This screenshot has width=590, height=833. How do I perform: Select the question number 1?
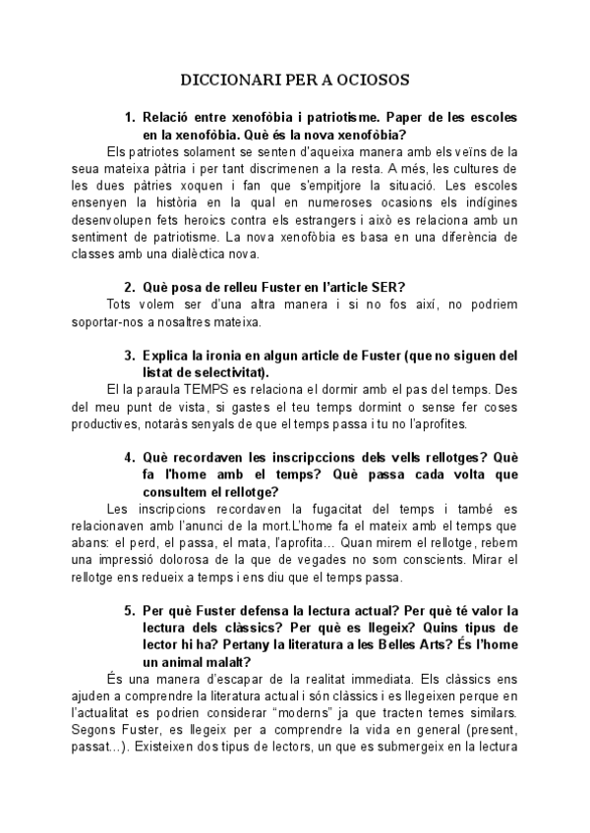tap(129, 118)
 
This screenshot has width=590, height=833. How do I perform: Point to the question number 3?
tap(129, 355)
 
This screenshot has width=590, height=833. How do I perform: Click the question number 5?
tap(129, 610)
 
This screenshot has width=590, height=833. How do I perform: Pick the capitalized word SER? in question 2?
tap(384, 287)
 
